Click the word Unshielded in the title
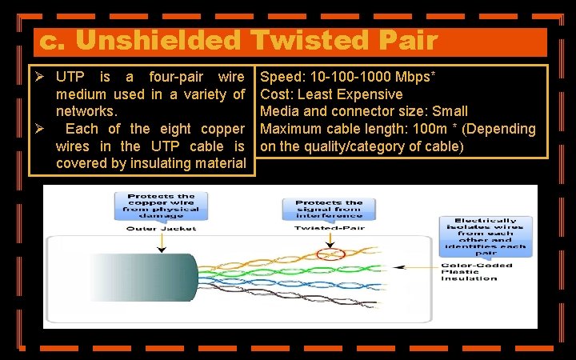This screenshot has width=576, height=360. (x=166, y=40)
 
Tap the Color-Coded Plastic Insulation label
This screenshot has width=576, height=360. (x=474, y=272)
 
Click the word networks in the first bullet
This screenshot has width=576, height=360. (x=86, y=112)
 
